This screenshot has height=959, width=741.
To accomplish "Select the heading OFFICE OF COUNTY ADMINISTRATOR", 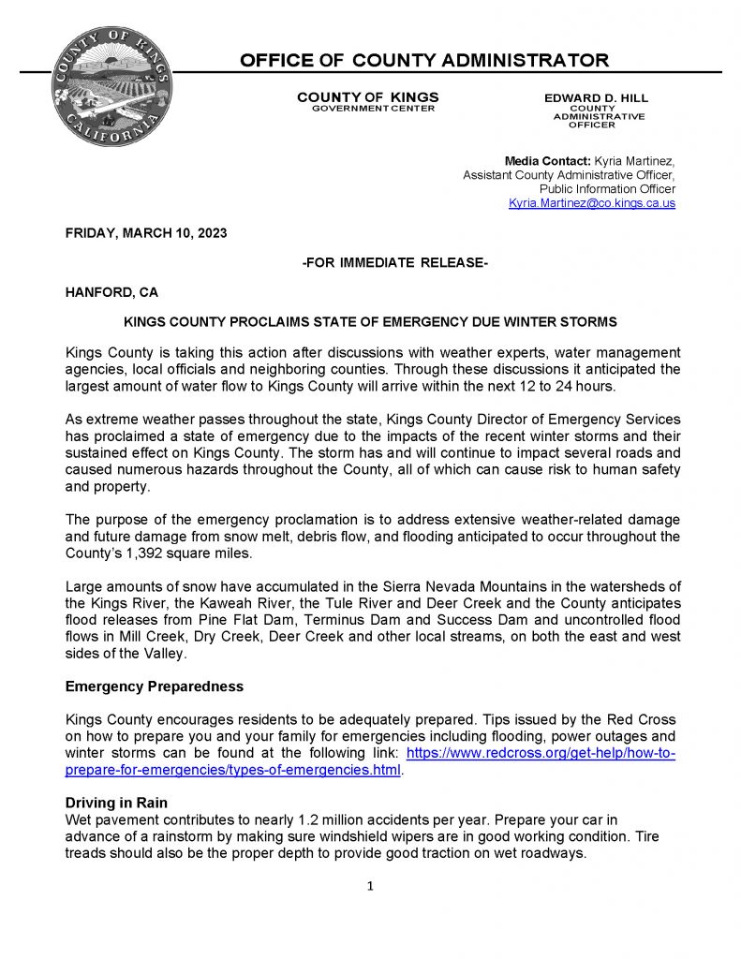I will coord(424,62).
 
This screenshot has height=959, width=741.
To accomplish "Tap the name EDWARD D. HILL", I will coord(596,98).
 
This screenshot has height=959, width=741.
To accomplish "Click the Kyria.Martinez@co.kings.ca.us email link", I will coord(591,203).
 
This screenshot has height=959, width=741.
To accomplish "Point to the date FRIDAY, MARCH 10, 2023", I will coord(146,233).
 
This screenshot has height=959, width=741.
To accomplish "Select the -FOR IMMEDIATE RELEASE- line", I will coord(394,263).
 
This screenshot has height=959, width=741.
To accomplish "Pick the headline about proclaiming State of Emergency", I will coord(370,322).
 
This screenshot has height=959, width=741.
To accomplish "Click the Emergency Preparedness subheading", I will coord(154,686).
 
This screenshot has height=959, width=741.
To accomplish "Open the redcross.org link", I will coord(541,753).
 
